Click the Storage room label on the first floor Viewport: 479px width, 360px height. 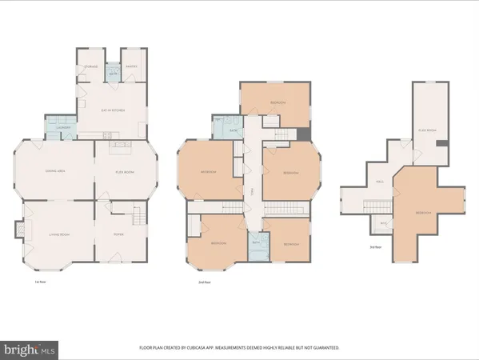[x=91, y=66]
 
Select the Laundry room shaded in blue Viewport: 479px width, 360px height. [x=64, y=127]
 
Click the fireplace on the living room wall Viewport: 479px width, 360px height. [x=20, y=231]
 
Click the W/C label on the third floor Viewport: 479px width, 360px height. [x=383, y=223]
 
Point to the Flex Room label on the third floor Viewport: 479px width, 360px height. [x=428, y=130]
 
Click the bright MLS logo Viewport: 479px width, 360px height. [x=30, y=349]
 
